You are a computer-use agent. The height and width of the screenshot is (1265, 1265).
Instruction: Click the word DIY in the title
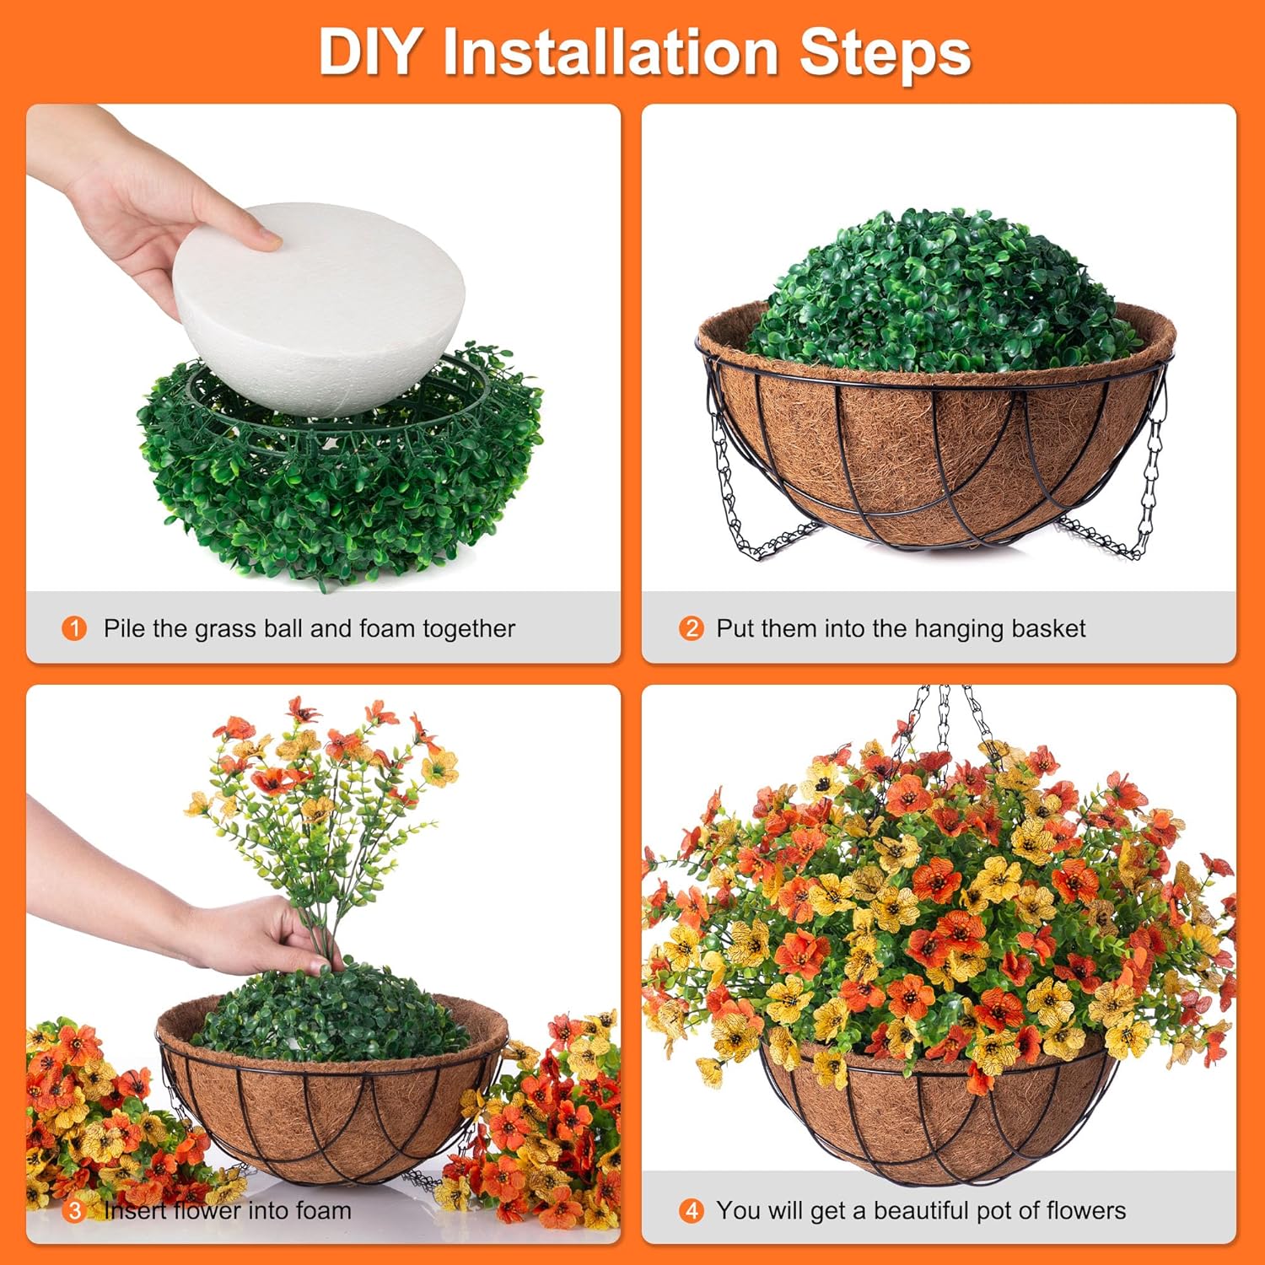[x=368, y=52]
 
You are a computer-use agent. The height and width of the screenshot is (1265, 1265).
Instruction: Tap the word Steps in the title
[x=885, y=52]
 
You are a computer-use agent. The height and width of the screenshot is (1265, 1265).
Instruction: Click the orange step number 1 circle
[x=74, y=628]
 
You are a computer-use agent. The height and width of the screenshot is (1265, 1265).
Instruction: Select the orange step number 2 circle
[x=691, y=628]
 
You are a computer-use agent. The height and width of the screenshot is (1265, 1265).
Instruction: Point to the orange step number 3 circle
[x=74, y=1211]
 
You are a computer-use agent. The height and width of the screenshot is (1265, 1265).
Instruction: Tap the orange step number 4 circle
[x=691, y=1211]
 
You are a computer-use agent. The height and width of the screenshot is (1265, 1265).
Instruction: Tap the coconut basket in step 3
[x=329, y=1113]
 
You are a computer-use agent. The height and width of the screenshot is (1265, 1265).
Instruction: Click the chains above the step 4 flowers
[x=945, y=717]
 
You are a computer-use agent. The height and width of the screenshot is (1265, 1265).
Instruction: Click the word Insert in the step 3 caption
[x=135, y=1211]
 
